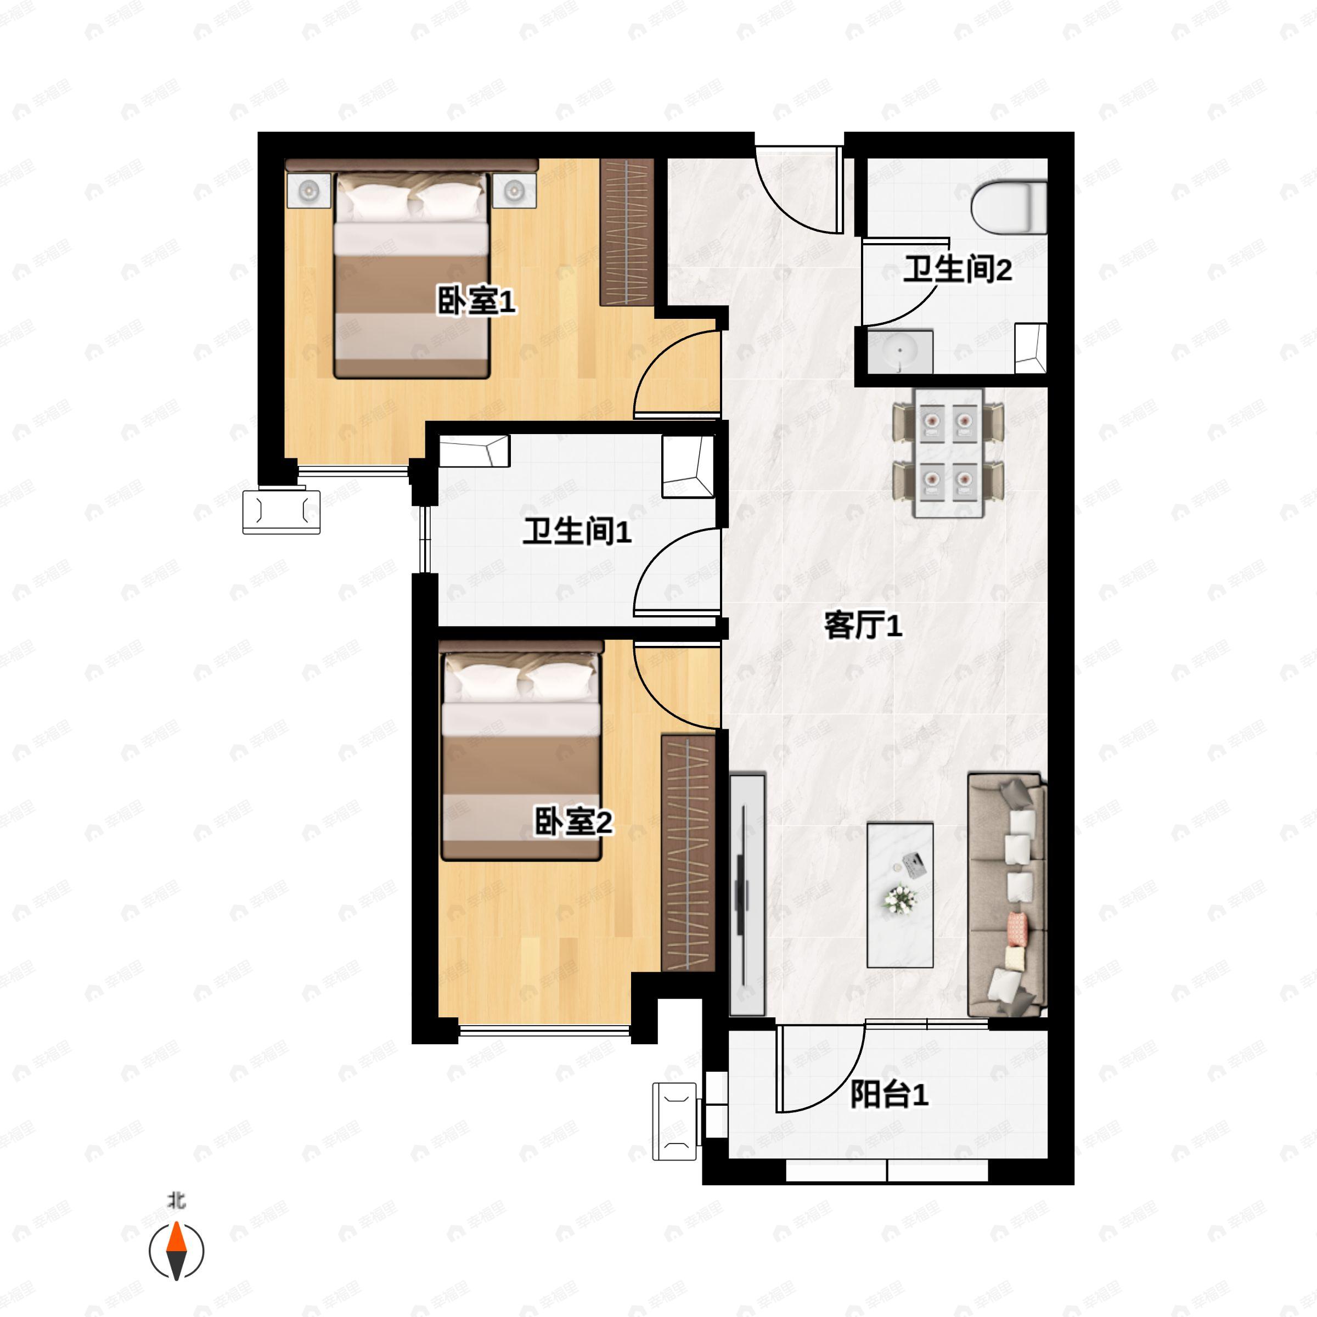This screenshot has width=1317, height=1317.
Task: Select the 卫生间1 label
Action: (577, 531)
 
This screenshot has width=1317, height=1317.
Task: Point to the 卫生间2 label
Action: (957, 269)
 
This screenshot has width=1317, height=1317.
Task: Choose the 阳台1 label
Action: (889, 1095)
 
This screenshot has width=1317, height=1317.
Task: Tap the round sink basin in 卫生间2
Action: (900, 352)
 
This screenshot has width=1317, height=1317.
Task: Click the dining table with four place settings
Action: (948, 453)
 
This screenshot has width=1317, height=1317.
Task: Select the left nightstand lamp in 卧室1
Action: (309, 190)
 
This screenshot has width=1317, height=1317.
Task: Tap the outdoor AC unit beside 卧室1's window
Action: (282, 511)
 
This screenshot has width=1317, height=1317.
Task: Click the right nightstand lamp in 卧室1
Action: (514, 190)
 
